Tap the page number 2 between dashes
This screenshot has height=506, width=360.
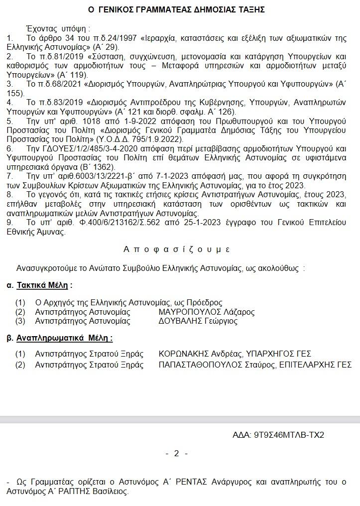(176, 453)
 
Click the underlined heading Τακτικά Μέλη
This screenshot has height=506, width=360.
(44, 285)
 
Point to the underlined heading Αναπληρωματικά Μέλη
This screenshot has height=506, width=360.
(64, 338)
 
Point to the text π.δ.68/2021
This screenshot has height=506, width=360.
(60, 83)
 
